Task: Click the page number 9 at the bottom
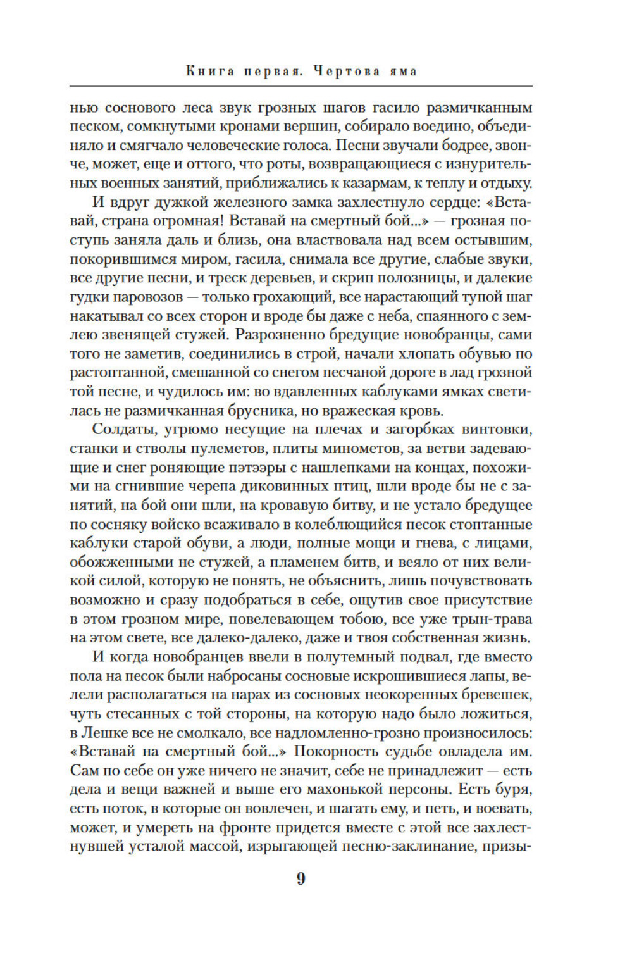click(301, 878)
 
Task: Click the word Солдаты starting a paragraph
click(123, 429)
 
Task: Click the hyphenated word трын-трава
click(490, 619)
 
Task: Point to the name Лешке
click(99, 733)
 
